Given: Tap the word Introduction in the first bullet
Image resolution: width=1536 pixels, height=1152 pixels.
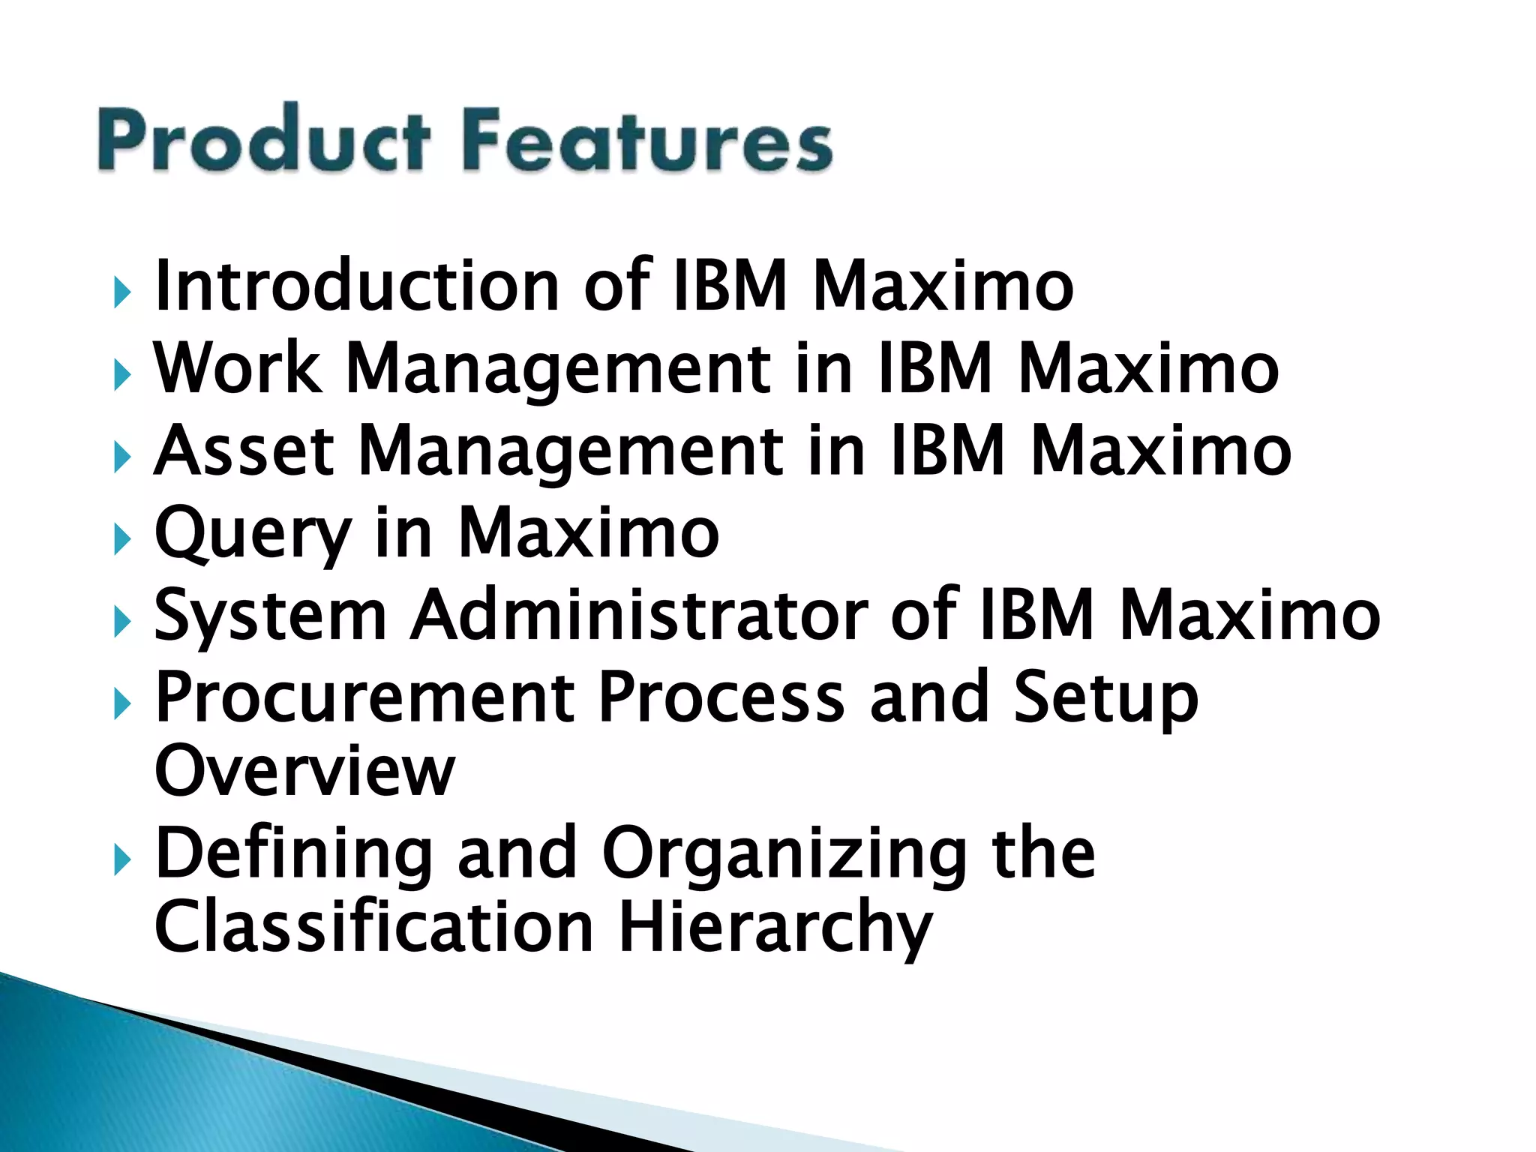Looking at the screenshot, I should coord(355,286).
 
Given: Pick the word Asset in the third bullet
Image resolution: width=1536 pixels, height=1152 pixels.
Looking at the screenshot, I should coord(244,451).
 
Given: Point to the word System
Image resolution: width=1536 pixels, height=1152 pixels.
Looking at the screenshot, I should coord(270,616).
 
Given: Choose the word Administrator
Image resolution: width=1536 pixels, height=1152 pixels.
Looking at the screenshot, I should coord(638,616).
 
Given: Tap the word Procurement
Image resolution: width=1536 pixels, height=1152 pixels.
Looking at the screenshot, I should coord(364,698).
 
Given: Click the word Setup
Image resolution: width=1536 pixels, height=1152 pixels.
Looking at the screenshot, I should coord(1105,698).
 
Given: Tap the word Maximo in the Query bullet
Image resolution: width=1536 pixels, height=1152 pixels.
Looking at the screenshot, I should coord(588,533).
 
